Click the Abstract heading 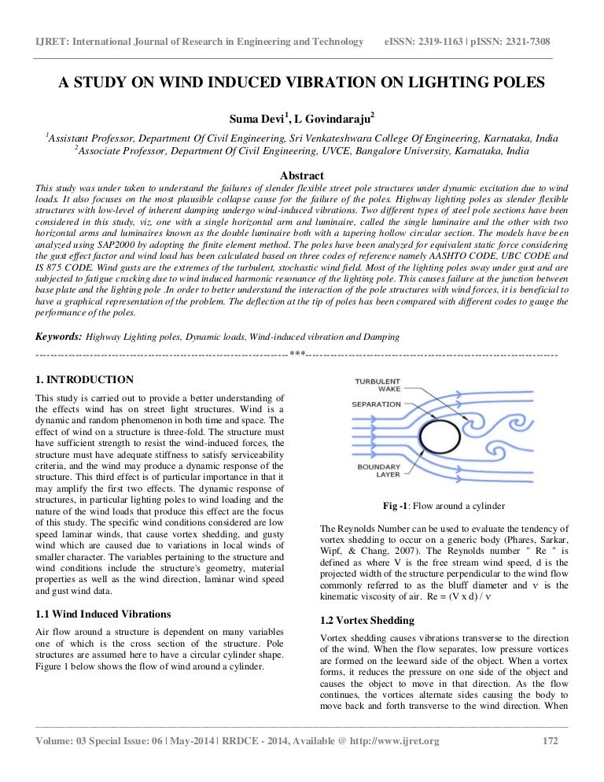coord(302,175)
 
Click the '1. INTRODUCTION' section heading coord(85,380)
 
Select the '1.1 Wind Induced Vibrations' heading coord(103,614)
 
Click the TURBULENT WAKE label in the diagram coord(377,385)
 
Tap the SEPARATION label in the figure coord(376,404)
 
